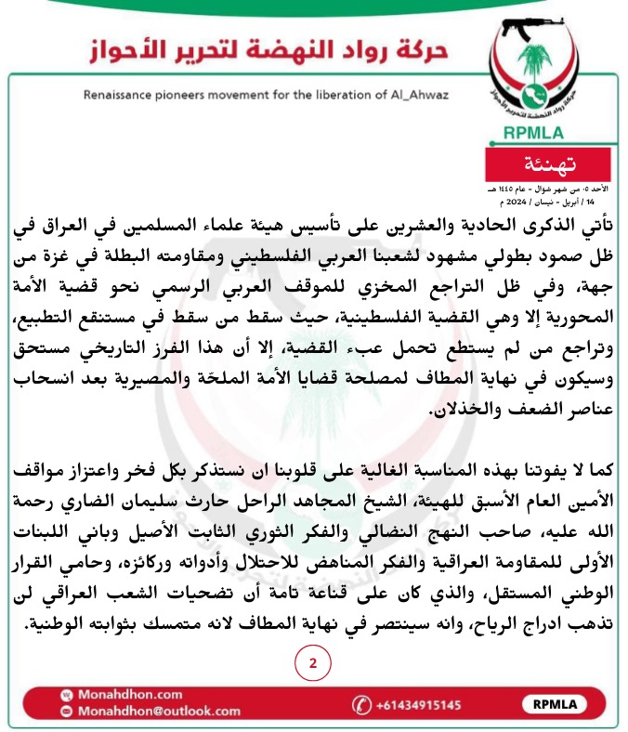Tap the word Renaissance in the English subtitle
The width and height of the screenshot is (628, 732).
(121, 95)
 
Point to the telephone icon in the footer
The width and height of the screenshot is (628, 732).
(360, 704)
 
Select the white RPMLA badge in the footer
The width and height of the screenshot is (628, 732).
(556, 704)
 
